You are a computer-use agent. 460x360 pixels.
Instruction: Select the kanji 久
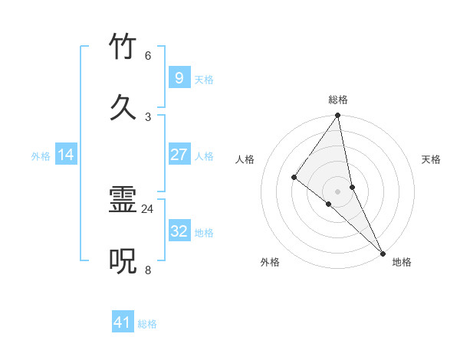pos(123,107)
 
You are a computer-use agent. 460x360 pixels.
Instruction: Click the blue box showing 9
pos(179,77)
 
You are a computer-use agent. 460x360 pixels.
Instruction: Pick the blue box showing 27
pos(179,155)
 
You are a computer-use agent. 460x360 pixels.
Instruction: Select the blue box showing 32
pos(179,231)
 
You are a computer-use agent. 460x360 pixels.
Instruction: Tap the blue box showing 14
pos(66,155)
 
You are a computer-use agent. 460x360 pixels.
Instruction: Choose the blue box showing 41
pos(123,322)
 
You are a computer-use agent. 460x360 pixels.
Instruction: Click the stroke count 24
pos(147,208)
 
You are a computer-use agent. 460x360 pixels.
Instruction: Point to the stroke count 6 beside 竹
pos(147,55)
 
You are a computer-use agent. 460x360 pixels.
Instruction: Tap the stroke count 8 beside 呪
pos(147,270)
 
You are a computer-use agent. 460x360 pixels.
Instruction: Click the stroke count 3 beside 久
pos(147,116)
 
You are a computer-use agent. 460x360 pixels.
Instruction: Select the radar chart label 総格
pos(338,100)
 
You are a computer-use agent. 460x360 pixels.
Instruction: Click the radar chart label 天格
pos(432,159)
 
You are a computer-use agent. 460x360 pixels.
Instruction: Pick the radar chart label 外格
pos(270,262)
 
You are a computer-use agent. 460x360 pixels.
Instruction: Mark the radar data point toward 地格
pos(383,253)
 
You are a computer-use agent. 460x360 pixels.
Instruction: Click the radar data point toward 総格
pos(338,116)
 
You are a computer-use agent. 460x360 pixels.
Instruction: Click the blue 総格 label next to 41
pos(147,324)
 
